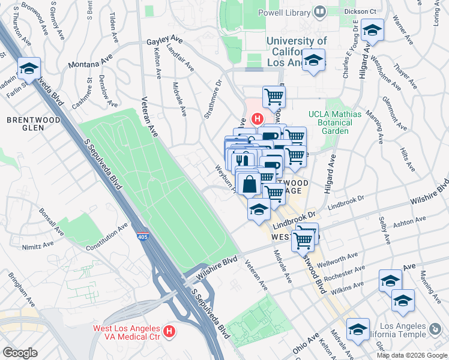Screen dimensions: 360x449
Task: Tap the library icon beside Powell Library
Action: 319,12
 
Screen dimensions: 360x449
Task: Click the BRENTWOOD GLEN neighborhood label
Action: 34,124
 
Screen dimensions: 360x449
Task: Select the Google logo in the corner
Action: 20,353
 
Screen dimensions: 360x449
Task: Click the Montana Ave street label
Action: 90,61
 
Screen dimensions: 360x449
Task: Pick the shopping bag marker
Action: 249,183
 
